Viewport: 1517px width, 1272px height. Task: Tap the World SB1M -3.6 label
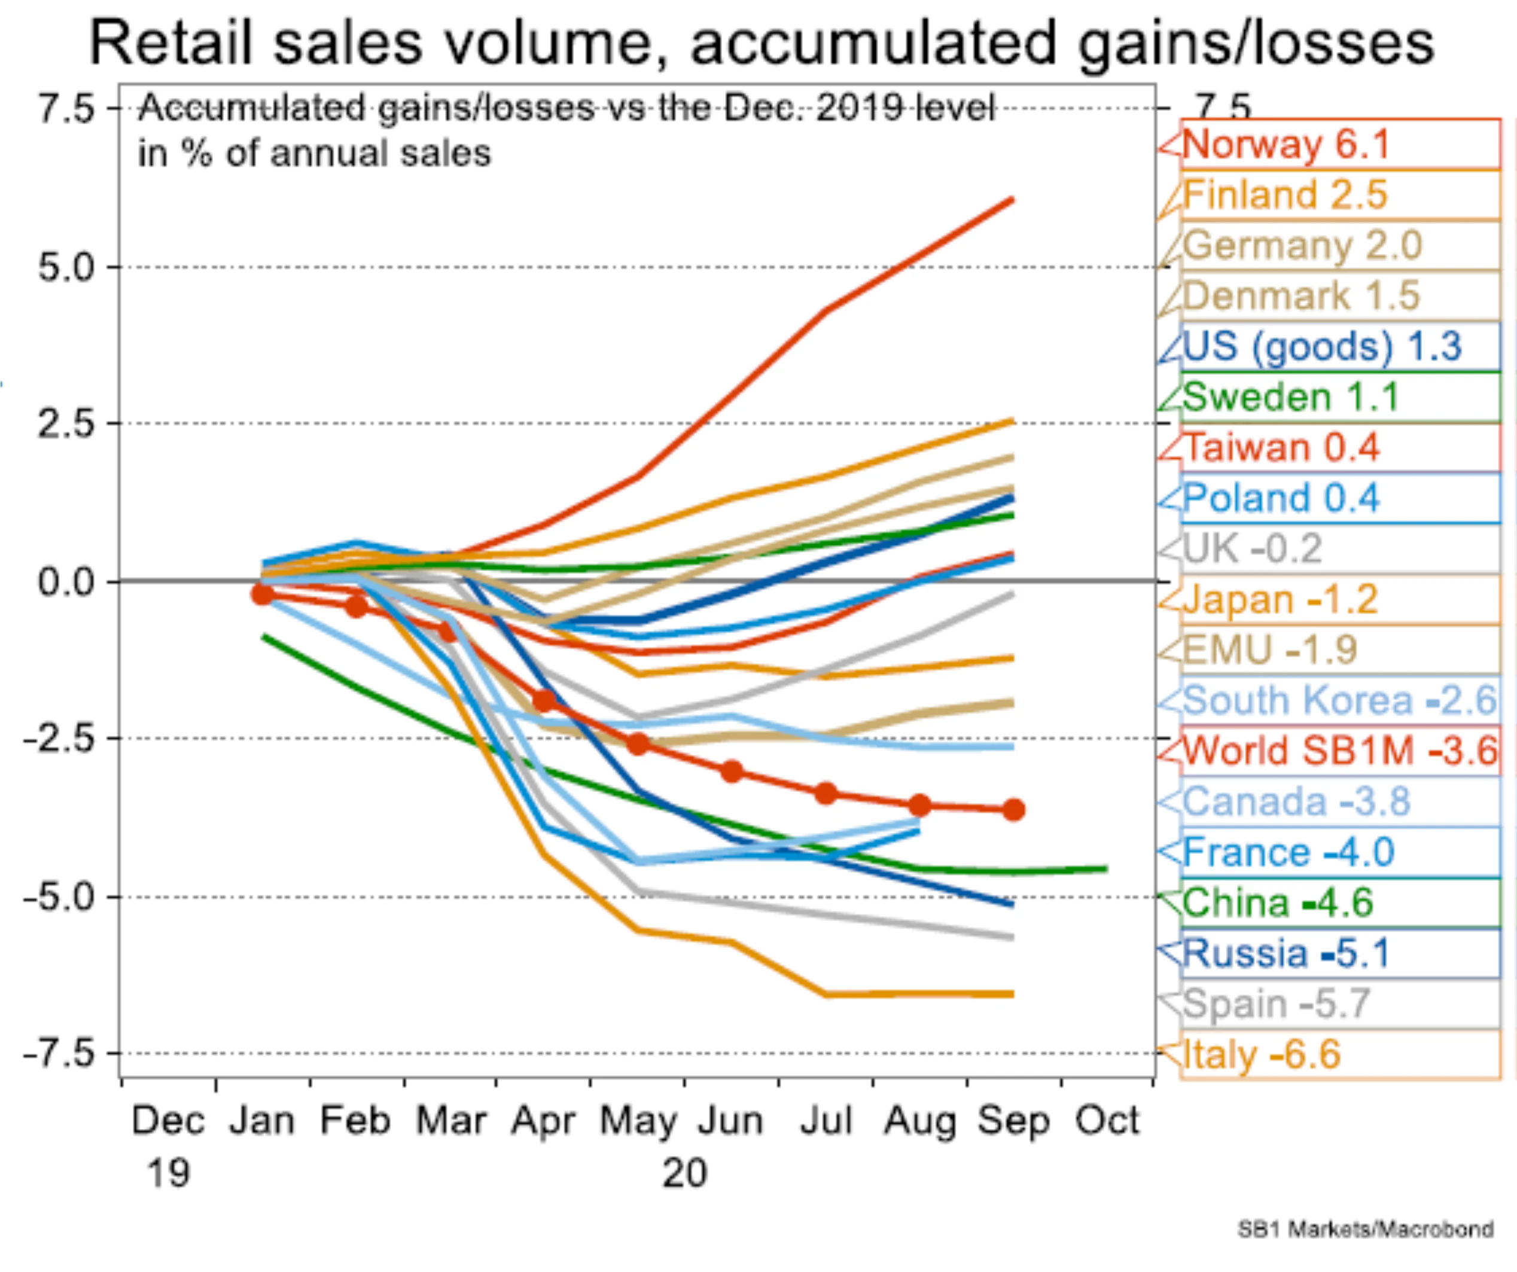click(1340, 751)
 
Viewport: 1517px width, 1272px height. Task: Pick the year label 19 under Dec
click(167, 1173)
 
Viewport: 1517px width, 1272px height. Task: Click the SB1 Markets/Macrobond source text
click(1365, 1229)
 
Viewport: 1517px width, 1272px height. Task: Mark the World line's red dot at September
click(1013, 810)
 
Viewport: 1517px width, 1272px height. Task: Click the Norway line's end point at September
click(1012, 199)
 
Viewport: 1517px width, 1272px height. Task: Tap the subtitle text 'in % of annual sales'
click(314, 154)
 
